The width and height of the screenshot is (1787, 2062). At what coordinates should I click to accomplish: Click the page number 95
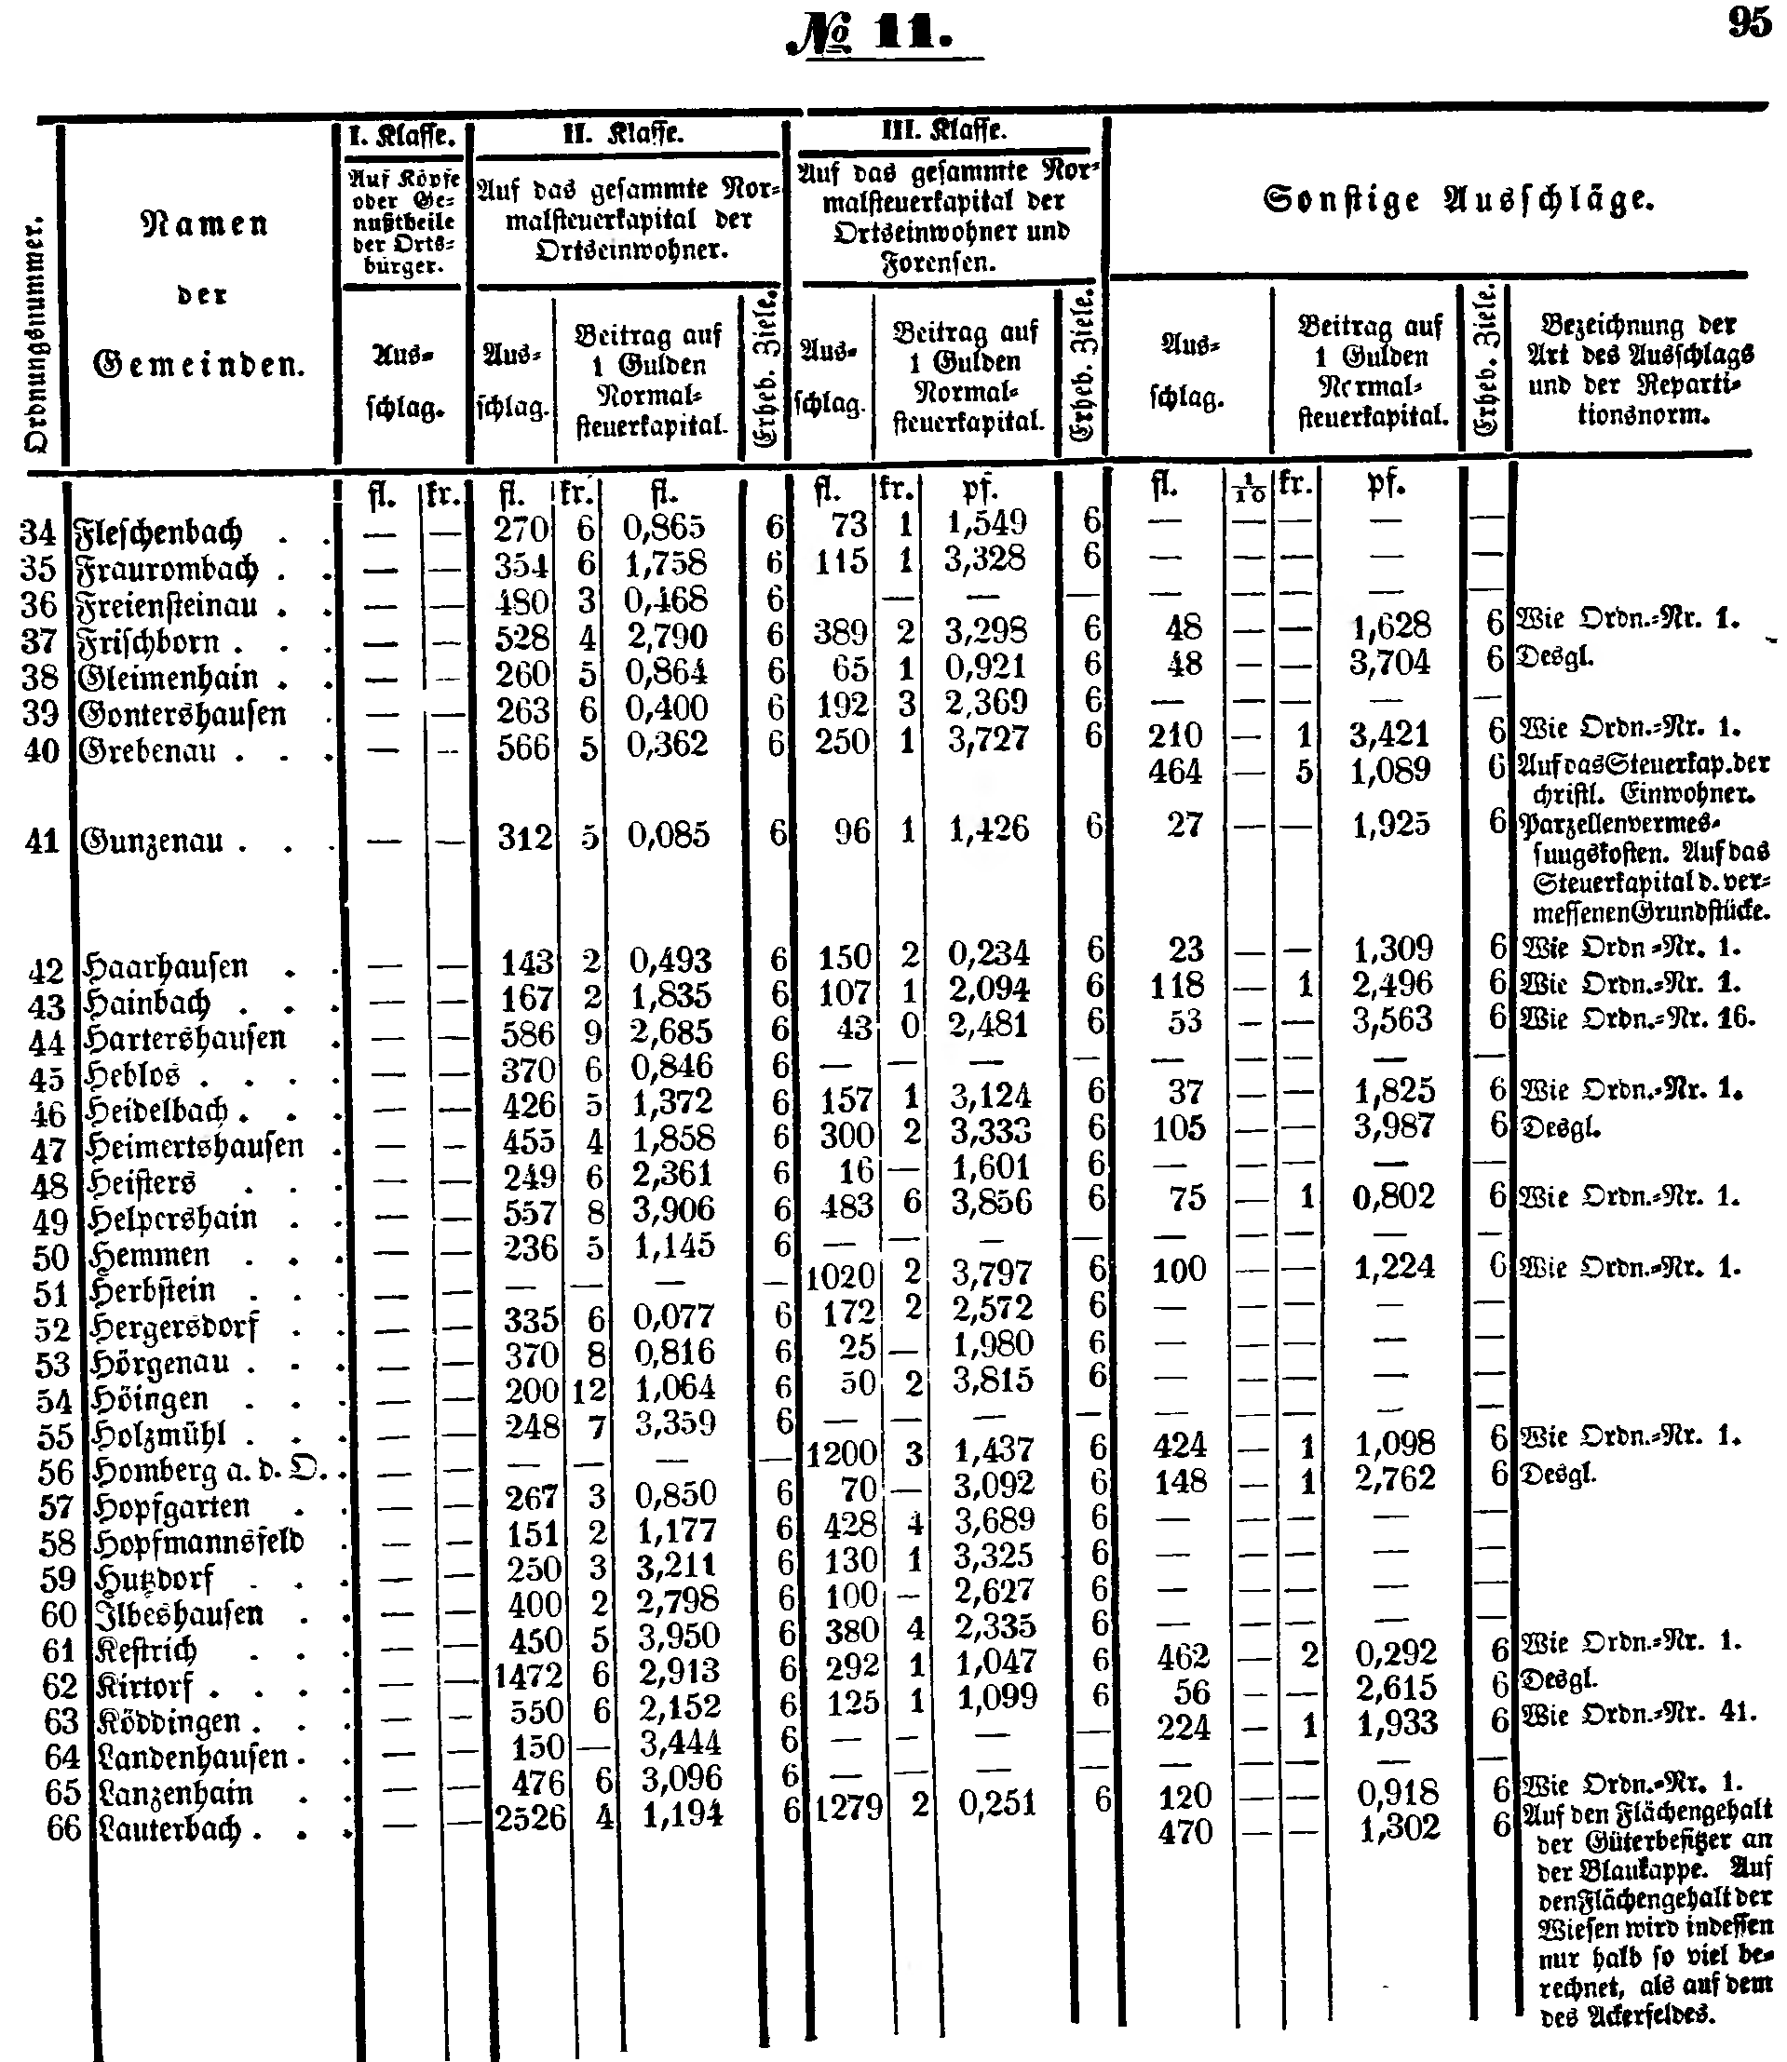(1750, 22)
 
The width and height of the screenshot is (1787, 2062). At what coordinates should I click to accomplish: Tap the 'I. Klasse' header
(403, 135)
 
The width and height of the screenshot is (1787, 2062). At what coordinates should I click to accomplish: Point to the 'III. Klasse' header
(943, 131)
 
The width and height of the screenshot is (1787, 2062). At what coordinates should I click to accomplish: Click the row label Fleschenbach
(159, 532)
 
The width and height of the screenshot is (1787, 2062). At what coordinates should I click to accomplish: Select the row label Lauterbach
(169, 1828)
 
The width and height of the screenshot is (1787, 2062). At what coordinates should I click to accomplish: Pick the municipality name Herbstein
(153, 1290)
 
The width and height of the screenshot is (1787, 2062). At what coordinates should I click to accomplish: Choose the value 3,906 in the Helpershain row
(674, 1209)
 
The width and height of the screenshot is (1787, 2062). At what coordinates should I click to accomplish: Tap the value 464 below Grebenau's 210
(1176, 771)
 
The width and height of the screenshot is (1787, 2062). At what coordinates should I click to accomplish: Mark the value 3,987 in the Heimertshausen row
(1393, 1126)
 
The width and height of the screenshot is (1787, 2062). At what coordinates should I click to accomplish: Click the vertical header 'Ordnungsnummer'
(37, 335)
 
